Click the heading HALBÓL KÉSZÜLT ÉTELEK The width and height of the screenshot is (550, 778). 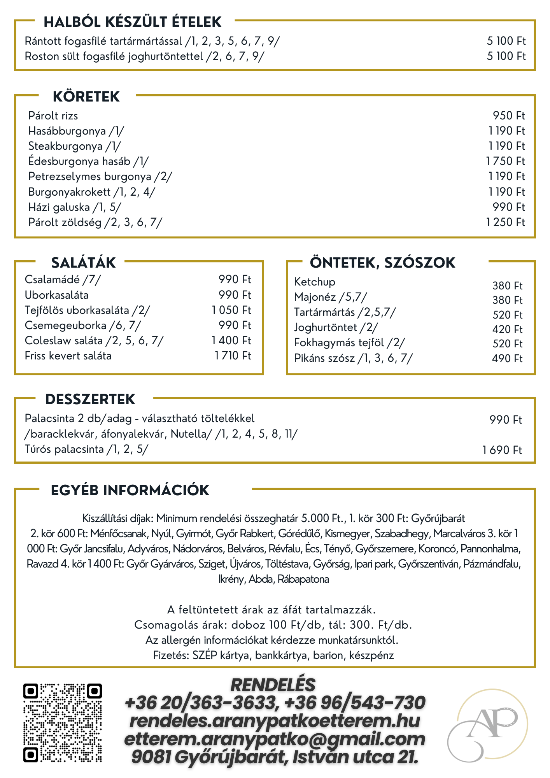tap(132, 22)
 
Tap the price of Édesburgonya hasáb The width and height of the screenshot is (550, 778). tap(505, 161)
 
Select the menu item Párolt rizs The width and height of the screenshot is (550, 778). tap(53, 116)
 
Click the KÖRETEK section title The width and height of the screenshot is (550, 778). tap(86, 96)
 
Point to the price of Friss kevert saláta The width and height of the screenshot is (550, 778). tap(233, 356)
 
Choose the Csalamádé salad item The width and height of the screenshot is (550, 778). tap(63, 279)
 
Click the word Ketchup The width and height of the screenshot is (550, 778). tap(314, 282)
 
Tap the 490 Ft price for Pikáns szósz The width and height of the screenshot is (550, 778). tap(507, 358)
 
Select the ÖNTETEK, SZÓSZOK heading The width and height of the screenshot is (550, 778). tap(382, 263)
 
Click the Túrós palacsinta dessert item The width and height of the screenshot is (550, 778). tap(86, 449)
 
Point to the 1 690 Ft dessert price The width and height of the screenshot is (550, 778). tap(502, 450)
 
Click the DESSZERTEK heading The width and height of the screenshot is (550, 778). tap(90, 399)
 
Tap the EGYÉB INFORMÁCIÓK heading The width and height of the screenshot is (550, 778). tap(130, 490)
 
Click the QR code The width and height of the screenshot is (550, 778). tap(62, 723)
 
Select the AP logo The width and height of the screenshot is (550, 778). tap(487, 725)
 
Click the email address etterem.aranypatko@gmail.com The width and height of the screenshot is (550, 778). tap(275, 739)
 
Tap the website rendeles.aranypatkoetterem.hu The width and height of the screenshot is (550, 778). tap(275, 721)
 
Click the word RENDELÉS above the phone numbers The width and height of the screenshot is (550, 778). tap(273, 685)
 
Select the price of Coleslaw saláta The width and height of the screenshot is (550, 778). tap(231, 340)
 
